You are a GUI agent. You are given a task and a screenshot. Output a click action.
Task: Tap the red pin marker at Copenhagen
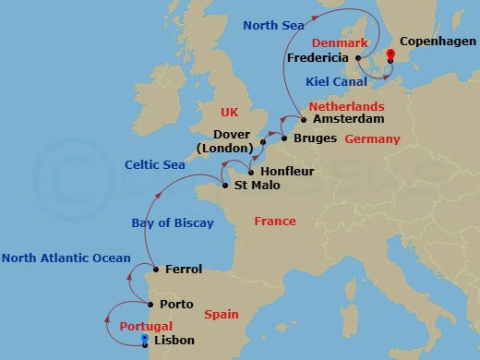[x=390, y=54]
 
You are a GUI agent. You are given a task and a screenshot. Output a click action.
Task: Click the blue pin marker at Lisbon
[x=145, y=339]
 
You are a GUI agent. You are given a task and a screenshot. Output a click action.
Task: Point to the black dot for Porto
[x=150, y=304]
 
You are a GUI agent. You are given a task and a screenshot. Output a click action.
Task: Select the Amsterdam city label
[x=347, y=119]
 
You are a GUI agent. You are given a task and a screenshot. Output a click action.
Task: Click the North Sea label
[x=273, y=25]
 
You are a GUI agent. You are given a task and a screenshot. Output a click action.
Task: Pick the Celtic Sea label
[x=156, y=164]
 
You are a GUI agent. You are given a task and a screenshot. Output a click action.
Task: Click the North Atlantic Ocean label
[x=66, y=258]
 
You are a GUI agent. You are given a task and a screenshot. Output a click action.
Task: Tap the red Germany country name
[x=372, y=139]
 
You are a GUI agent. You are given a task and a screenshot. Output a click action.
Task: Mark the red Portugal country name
[x=146, y=326]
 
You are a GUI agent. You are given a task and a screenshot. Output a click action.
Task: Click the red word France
[x=275, y=222]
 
